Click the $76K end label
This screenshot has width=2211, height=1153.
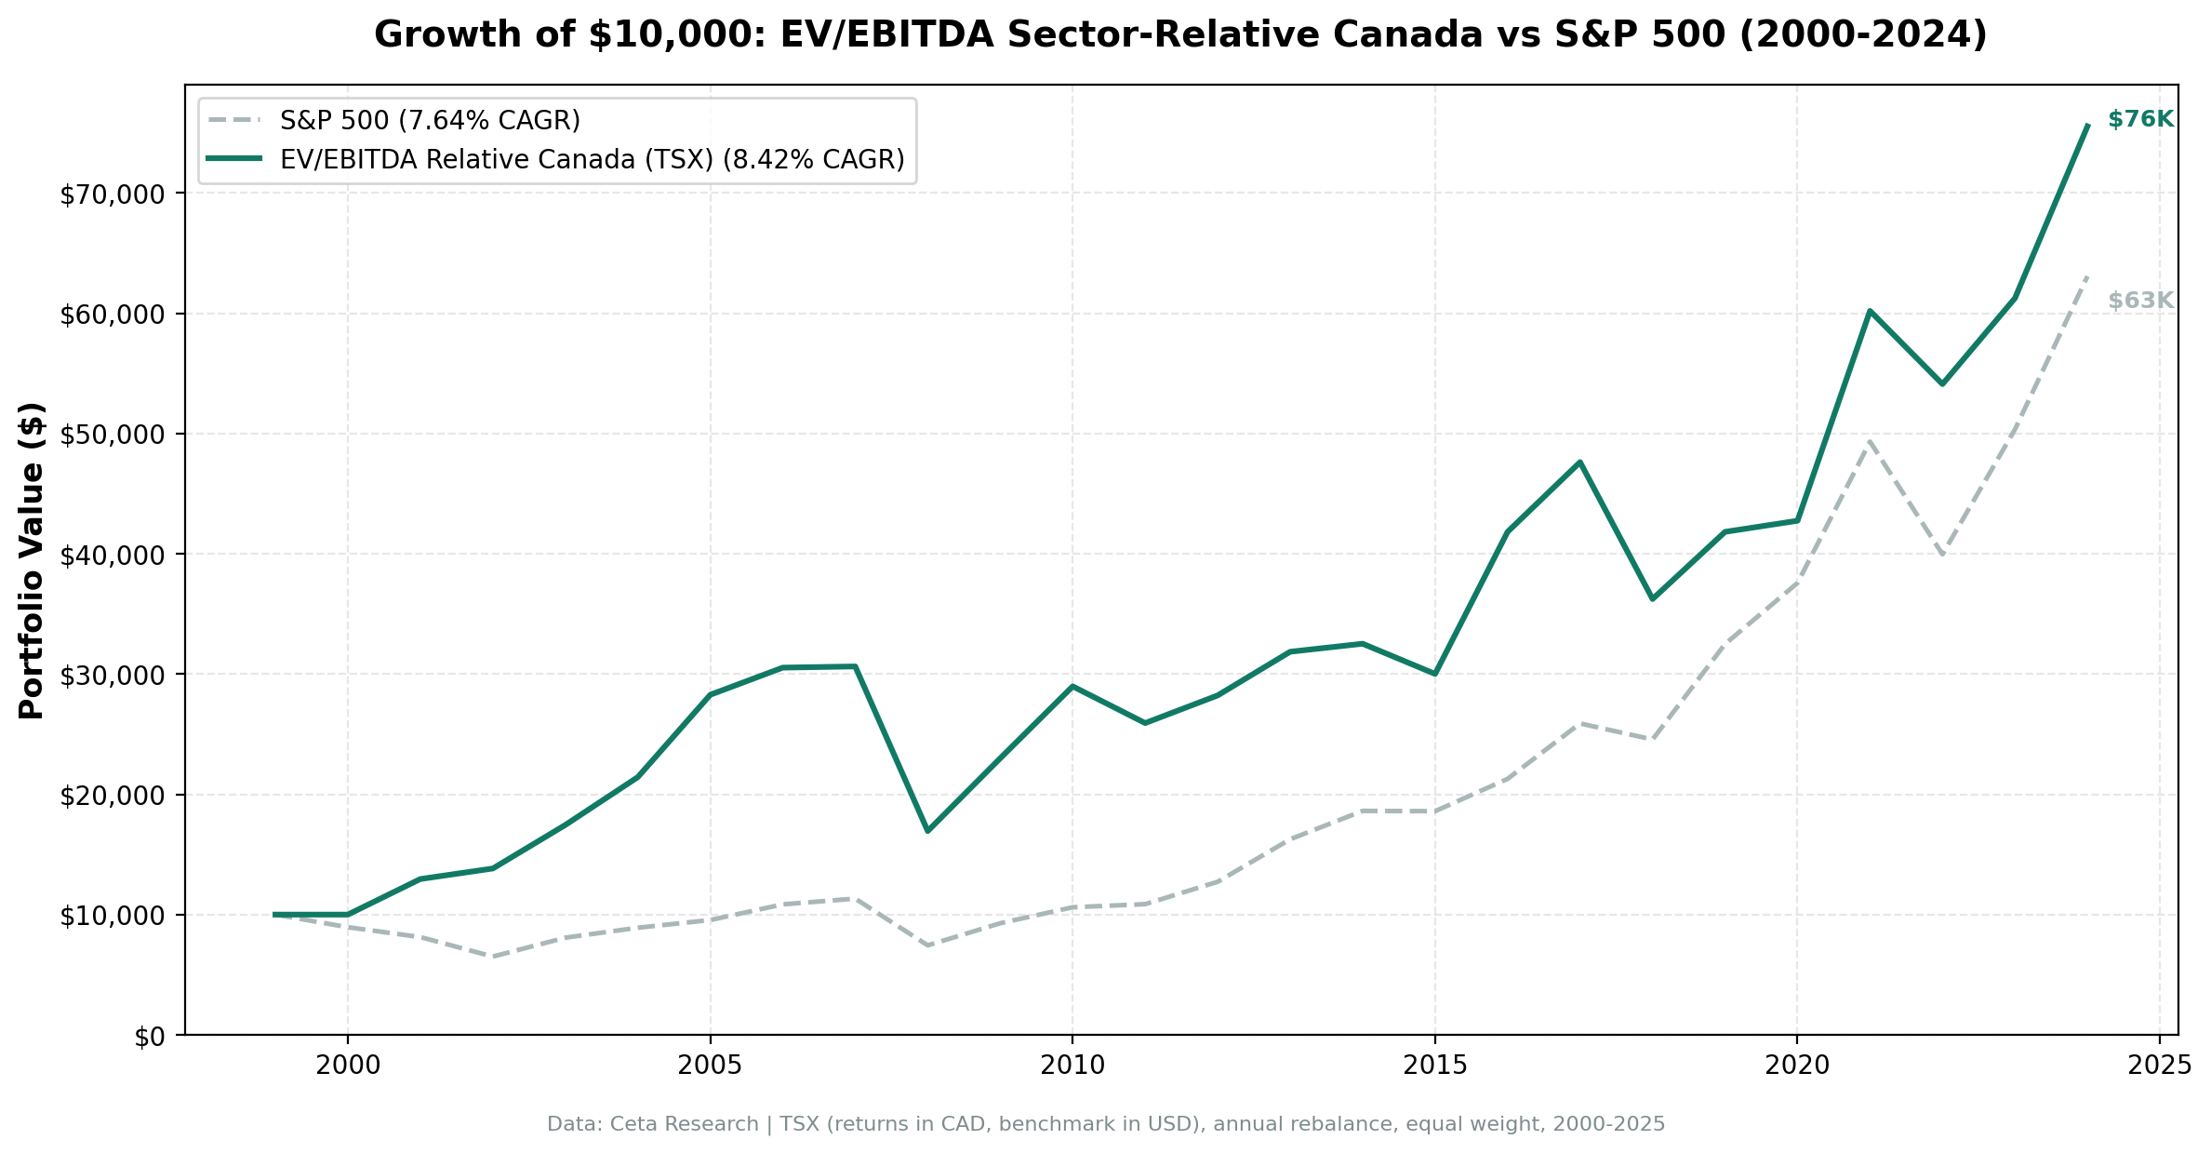coord(2139,119)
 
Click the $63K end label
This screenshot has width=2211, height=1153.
coord(2139,301)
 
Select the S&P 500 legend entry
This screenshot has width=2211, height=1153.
coord(430,121)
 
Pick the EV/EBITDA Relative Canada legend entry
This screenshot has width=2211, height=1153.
coord(592,159)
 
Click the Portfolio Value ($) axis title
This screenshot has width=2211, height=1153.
coord(33,560)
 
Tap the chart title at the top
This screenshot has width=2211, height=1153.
coord(1180,35)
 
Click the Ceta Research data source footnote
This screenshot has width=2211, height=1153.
coord(1105,1124)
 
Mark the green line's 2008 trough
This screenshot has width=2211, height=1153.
coord(927,830)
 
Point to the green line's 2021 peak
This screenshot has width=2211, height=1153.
coord(1870,311)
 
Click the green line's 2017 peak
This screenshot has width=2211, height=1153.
coord(1579,462)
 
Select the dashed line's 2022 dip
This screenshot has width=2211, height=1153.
coord(1942,555)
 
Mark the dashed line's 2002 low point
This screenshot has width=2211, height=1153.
coord(493,957)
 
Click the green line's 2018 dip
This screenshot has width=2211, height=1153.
coord(1652,599)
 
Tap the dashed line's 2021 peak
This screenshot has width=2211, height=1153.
coord(1870,440)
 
